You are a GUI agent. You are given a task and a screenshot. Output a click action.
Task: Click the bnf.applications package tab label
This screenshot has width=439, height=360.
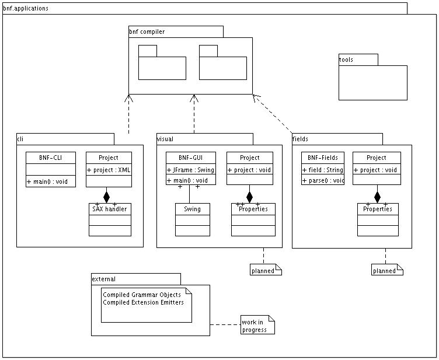(26, 9)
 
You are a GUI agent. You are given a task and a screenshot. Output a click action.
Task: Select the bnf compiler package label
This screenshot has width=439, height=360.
(147, 32)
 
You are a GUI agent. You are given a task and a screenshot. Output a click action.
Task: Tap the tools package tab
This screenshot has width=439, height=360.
(346, 60)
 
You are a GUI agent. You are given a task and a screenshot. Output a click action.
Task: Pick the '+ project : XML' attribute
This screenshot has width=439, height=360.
(109, 169)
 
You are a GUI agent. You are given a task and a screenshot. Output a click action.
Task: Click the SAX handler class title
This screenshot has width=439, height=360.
(110, 209)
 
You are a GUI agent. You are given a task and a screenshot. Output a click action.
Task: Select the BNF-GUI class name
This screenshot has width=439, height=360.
(190, 158)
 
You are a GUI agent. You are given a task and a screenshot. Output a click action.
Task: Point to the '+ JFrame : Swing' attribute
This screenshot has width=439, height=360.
(190, 169)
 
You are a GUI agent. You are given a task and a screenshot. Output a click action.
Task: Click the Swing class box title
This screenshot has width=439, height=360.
(192, 209)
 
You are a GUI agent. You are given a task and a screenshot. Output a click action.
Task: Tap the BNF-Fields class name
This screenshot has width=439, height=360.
(323, 158)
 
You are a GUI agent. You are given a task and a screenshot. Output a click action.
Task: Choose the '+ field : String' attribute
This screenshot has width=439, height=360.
(323, 169)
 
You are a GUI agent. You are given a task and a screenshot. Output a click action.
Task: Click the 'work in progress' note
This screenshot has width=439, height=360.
(256, 326)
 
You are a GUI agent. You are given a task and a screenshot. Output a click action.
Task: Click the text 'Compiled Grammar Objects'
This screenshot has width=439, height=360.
(142, 295)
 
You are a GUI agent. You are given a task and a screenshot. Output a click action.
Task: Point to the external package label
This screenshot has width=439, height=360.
(104, 279)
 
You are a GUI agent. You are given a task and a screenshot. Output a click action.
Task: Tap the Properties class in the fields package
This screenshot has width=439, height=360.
(377, 209)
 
